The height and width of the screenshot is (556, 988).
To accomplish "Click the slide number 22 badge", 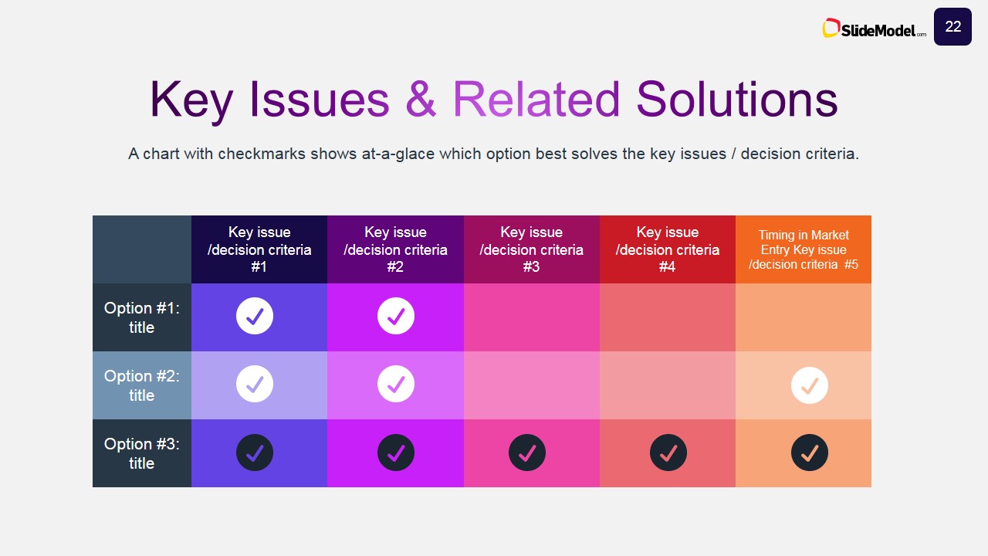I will point(952,27).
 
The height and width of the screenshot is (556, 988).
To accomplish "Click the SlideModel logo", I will point(875,29).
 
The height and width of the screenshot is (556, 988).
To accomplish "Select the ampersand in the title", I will point(421,100).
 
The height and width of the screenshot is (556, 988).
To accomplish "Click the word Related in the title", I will point(536,100).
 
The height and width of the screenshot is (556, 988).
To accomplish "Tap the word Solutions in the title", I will point(736,100).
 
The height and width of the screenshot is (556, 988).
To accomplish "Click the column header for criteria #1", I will point(259,249).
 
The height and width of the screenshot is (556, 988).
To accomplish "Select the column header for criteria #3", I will point(531,249).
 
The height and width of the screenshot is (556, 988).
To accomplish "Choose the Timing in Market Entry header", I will point(803,249).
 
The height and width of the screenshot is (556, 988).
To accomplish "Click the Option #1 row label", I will point(142,317).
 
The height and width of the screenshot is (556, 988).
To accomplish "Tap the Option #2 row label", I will point(142,385).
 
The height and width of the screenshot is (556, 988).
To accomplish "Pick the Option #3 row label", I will point(142,453).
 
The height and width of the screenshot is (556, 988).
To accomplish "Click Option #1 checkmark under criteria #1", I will point(255,316).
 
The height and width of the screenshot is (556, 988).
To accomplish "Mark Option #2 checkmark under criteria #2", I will point(396,384).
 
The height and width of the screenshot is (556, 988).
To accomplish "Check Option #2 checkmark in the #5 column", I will point(810,385).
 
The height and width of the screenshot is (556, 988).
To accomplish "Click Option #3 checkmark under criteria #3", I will point(527,453).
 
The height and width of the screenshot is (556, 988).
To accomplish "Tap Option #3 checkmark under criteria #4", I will point(668,453).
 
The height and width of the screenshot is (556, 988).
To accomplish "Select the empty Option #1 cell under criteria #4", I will point(667,317).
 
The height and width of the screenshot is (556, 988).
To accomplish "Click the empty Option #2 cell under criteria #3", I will point(531,385).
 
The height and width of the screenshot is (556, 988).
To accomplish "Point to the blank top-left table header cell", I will point(142,249).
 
